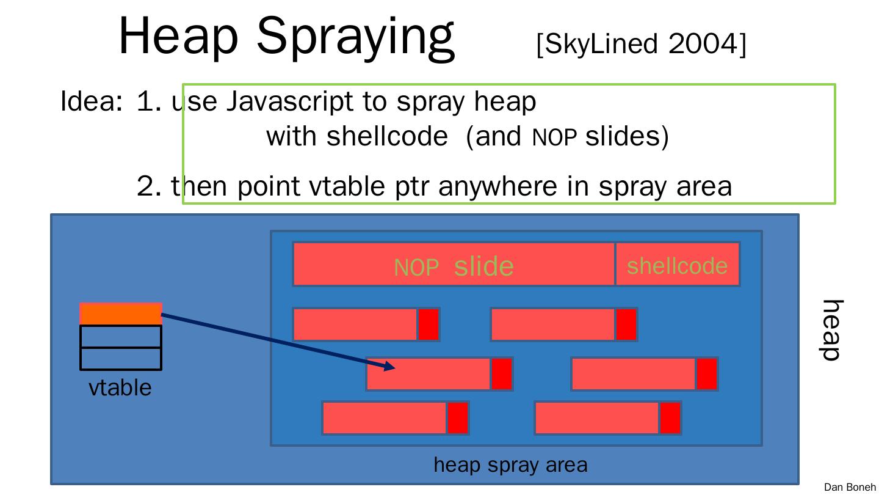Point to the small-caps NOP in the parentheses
(554, 138)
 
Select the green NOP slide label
(454, 266)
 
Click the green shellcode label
(677, 265)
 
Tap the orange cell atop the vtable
(121, 313)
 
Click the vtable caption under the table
(120, 387)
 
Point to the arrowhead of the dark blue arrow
(391, 367)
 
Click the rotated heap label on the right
(832, 330)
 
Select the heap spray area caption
(510, 465)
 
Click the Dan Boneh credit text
(849, 487)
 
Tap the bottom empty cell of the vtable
(121, 359)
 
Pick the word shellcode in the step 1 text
(387, 136)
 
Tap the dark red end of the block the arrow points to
(501, 374)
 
